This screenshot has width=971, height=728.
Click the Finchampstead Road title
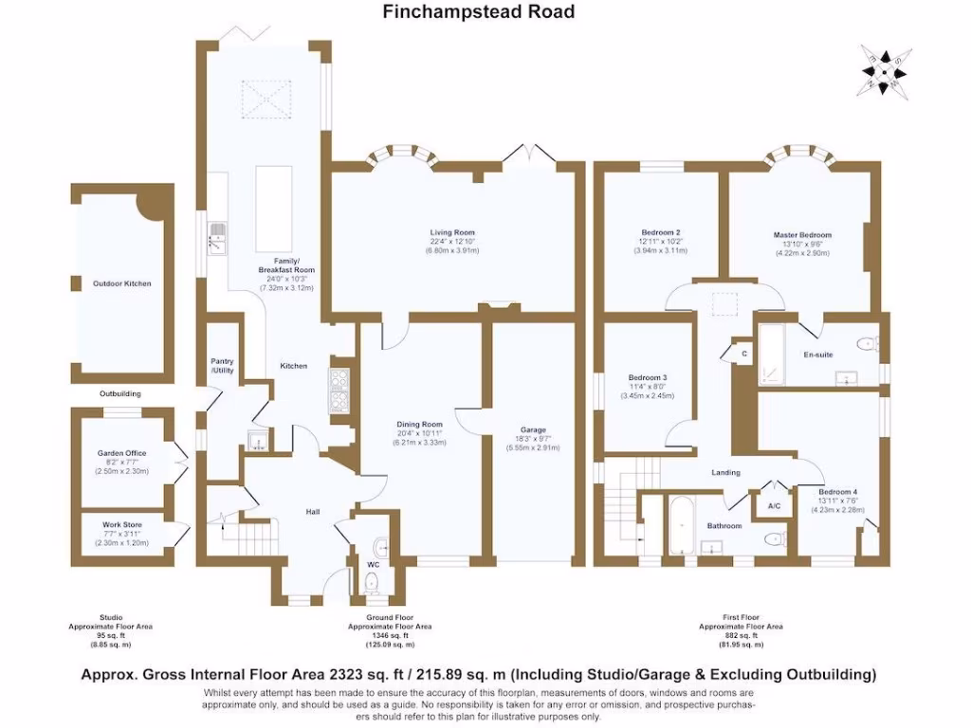pyautogui.click(x=478, y=12)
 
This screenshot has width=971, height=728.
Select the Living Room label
pyautogui.click(x=452, y=232)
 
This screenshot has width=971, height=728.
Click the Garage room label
pyautogui.click(x=533, y=429)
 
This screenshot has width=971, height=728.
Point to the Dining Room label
pyautogui.click(x=419, y=424)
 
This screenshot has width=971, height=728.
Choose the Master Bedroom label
pyautogui.click(x=801, y=235)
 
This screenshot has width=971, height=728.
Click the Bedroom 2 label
pyautogui.click(x=661, y=232)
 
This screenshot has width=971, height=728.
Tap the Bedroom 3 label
pyautogui.click(x=647, y=377)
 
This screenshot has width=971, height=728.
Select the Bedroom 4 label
pyautogui.click(x=838, y=492)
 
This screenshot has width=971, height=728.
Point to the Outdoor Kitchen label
pyautogui.click(x=121, y=283)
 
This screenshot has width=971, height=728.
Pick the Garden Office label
pyautogui.click(x=122, y=453)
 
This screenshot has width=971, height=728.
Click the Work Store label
pyautogui.click(x=122, y=524)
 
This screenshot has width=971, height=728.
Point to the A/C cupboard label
pyautogui.click(x=773, y=507)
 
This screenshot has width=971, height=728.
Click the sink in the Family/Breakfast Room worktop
pyautogui.click(x=217, y=238)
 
